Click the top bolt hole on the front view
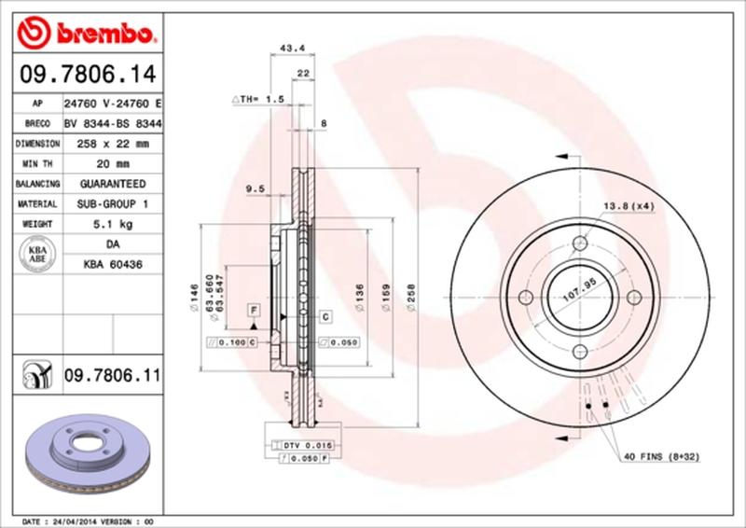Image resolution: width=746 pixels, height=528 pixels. [x=579, y=243]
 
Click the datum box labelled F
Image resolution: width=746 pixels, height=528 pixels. [x=253, y=309]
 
